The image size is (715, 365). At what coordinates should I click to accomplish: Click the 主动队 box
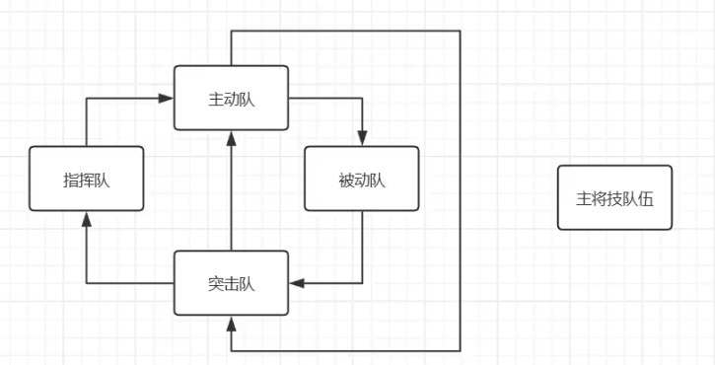pos(231,97)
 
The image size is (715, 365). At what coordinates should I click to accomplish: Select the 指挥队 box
pos(86,179)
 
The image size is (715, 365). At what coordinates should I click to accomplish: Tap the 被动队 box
pos(362,179)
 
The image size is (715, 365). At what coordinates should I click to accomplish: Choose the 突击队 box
pos(231,283)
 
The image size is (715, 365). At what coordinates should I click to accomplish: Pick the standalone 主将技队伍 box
pos(614,197)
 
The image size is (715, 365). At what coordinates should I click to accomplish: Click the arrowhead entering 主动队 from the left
pos(168,98)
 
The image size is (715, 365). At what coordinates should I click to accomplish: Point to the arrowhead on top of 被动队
pos(362,140)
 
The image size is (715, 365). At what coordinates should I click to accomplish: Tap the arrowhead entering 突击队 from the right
pos(296,283)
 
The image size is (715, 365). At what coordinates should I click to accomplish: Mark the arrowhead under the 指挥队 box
pos(86,217)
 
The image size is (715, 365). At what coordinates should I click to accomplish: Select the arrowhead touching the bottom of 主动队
pos(231,136)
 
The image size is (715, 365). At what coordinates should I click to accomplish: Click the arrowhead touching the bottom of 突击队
pos(231,322)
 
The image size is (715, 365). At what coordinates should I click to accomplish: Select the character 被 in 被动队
pos(344,180)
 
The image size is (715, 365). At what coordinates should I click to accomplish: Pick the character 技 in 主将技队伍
pos(614,197)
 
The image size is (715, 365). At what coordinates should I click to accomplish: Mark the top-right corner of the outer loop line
pos(461,31)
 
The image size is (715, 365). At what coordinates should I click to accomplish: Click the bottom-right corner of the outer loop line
pos(461,350)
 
